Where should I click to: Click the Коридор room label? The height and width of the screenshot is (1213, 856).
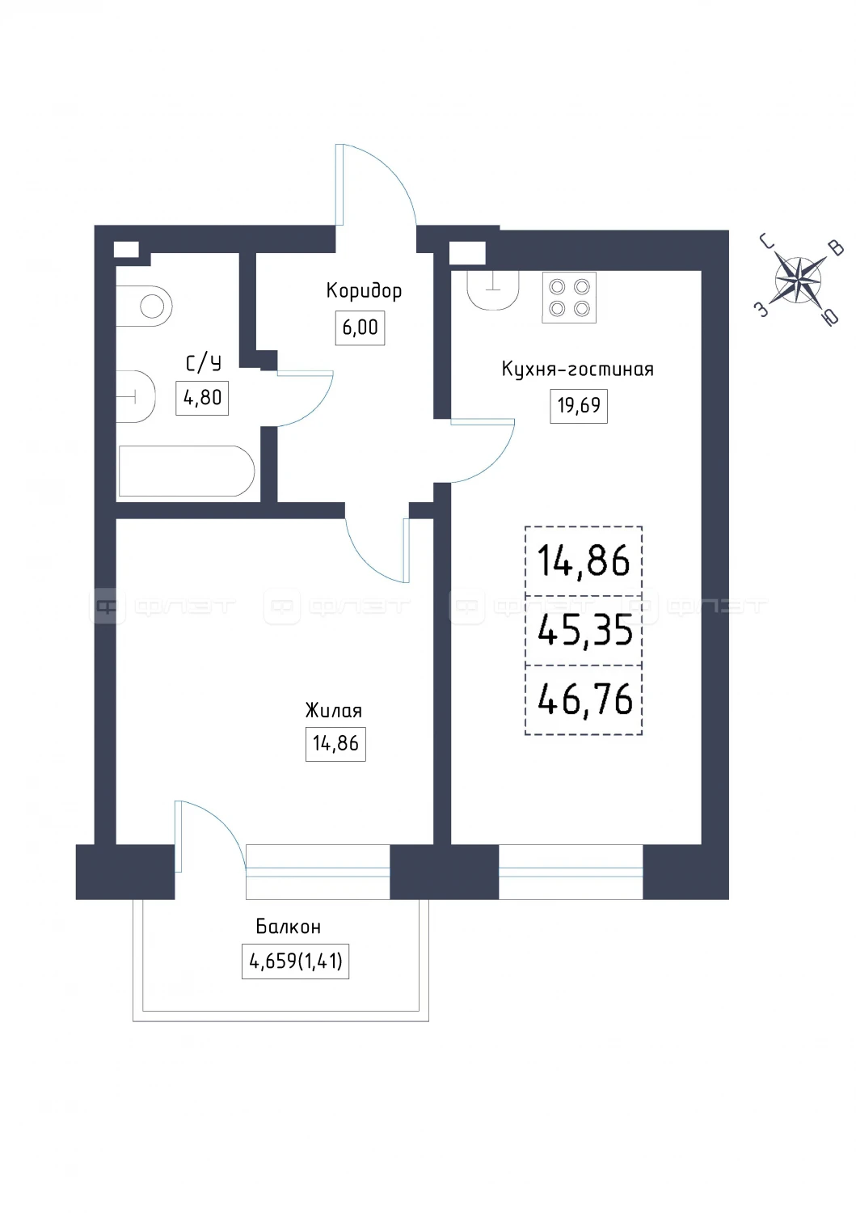[363, 291]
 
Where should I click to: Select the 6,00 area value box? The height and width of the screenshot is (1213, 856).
[360, 328]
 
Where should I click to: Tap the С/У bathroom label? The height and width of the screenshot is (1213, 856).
[204, 363]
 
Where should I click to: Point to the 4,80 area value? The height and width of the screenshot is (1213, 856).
[202, 398]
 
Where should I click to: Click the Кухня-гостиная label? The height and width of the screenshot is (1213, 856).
[578, 370]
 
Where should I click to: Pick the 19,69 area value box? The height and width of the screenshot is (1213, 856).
[579, 406]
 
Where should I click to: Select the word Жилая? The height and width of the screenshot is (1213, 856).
[334, 710]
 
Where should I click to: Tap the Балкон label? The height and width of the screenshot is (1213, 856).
[288, 927]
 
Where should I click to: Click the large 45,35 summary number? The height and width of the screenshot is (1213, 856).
[584, 630]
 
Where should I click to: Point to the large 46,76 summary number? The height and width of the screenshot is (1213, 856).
[584, 699]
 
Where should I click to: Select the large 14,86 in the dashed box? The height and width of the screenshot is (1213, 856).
[584, 561]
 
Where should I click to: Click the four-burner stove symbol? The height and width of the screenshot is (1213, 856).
[569, 298]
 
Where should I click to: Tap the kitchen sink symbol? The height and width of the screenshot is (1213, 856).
[493, 290]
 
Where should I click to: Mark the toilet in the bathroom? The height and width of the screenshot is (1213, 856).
[145, 306]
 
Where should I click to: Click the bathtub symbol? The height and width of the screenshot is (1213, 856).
[187, 471]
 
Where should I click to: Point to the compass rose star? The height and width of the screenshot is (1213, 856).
[798, 280]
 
